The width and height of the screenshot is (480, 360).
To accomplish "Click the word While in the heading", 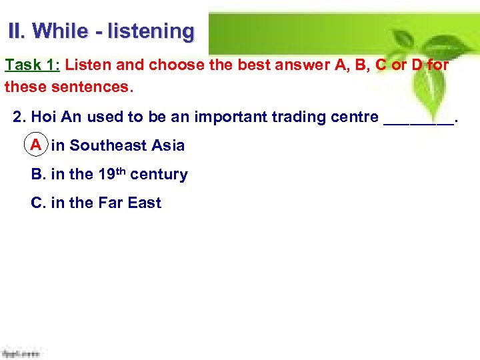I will pos(59,31).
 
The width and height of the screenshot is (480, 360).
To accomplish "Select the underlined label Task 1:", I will pos(33,65).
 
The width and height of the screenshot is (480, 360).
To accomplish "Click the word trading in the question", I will pos(298,117).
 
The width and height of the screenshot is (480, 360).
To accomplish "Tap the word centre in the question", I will pos(355,117).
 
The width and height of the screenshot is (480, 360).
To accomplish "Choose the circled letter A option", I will pos(36,145).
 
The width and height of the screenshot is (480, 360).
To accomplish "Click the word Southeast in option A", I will pos(109,145).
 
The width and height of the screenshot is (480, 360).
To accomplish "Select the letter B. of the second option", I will pos(38,175).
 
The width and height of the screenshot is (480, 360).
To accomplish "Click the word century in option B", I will pos(159,175).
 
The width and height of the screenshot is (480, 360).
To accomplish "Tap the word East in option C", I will pos(145,203).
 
